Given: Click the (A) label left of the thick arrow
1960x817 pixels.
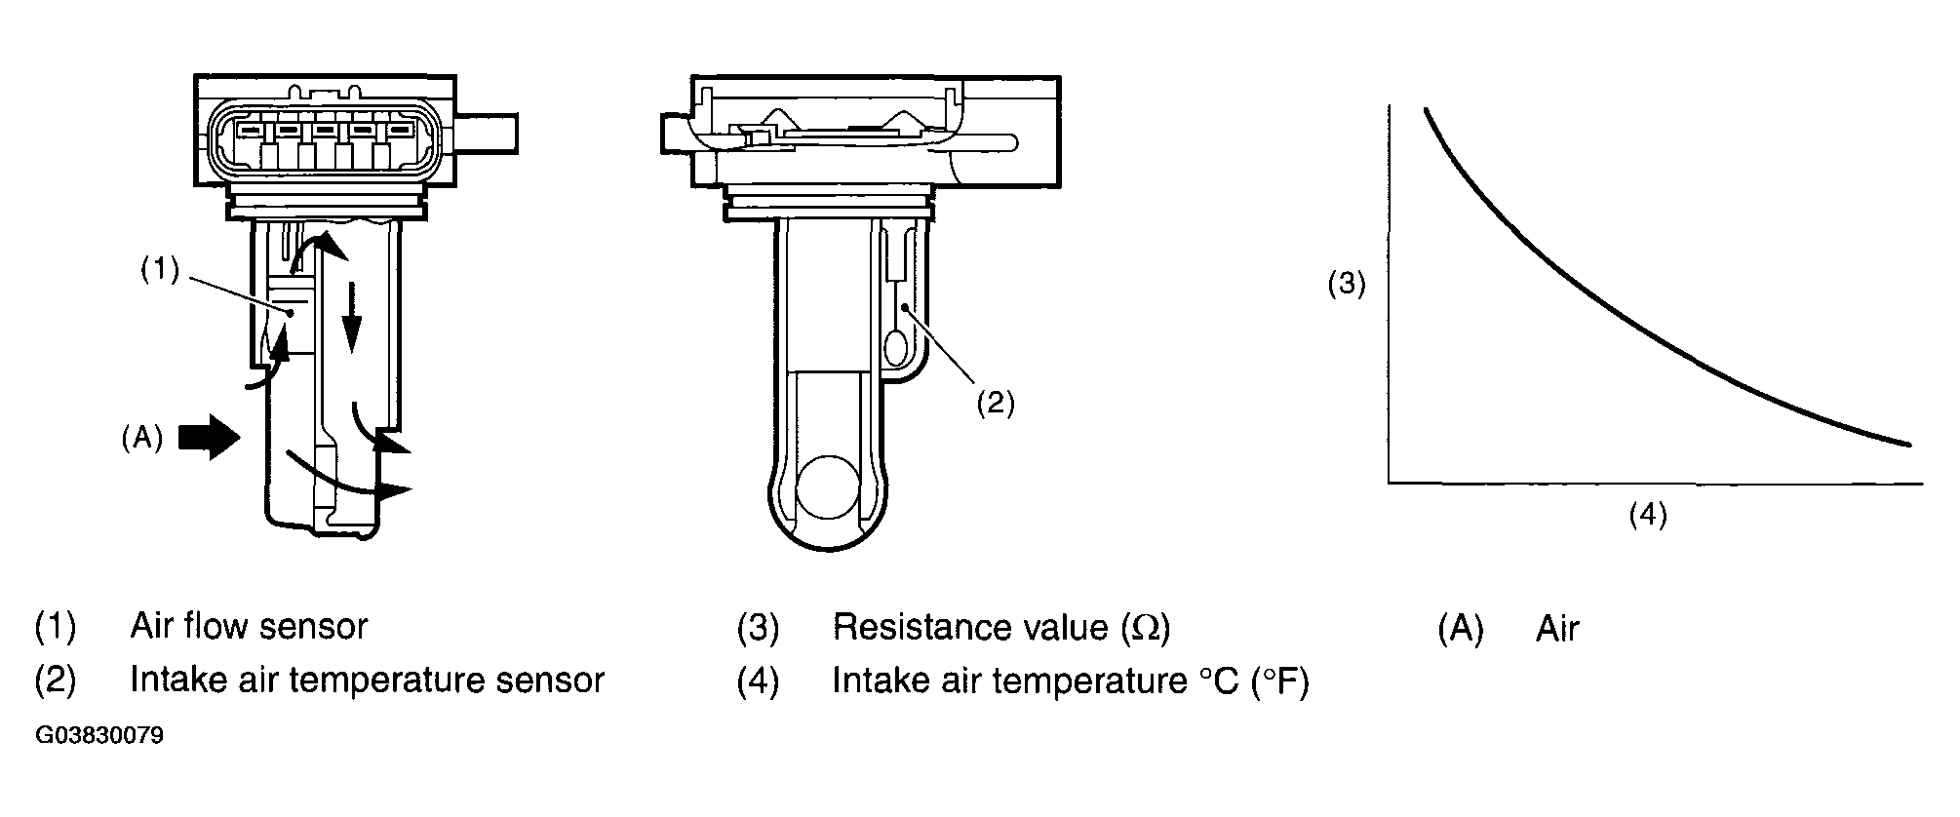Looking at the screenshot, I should pyautogui.click(x=141, y=439).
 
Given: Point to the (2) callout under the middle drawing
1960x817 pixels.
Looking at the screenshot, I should pyautogui.click(x=996, y=403).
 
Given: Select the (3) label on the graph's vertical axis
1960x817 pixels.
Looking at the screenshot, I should pyautogui.click(x=1347, y=285).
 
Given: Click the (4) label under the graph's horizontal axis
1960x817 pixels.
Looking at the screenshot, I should pyautogui.click(x=1648, y=514).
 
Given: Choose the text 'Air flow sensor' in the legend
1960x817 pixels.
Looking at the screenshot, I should pyautogui.click(x=249, y=626).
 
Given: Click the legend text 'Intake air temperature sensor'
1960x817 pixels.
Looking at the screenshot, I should pyautogui.click(x=367, y=680).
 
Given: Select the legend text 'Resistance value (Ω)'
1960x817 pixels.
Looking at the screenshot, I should pyautogui.click(x=1000, y=627).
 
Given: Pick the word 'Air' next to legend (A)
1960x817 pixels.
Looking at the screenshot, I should pyautogui.click(x=1556, y=629).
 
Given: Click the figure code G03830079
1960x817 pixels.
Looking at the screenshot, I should pyautogui.click(x=99, y=735).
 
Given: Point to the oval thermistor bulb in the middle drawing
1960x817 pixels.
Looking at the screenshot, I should pyautogui.click(x=896, y=345).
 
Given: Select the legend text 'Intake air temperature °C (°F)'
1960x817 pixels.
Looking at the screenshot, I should pyautogui.click(x=1070, y=681).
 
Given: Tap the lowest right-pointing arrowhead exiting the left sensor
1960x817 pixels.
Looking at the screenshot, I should pyautogui.click(x=394, y=492).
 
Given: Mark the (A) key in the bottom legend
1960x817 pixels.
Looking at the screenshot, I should pyautogui.click(x=1460, y=629).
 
